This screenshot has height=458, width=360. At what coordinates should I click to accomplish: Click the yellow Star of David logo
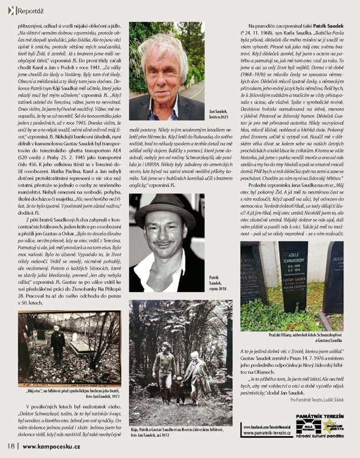coord(330,425)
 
